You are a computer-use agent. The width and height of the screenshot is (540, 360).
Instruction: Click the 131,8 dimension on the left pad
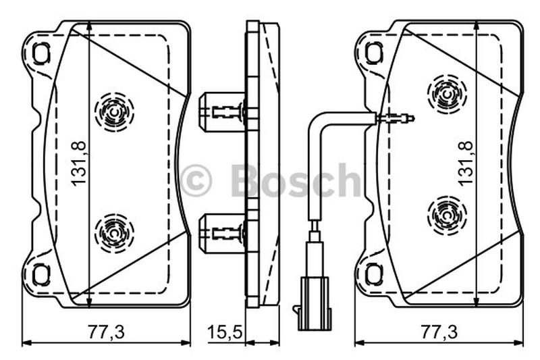tap(78, 163)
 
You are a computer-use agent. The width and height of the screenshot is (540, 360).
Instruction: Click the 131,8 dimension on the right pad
tap(466, 163)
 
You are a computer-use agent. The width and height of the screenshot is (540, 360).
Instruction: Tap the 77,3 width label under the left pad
tap(106, 332)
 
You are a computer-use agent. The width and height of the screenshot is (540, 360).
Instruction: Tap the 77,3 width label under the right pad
tap(439, 332)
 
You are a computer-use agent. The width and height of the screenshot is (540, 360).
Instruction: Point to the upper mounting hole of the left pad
tap(41, 53)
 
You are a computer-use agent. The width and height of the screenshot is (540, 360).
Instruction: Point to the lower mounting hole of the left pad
tap(41, 275)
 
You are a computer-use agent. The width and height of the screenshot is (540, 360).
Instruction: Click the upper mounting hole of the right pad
tap(375, 53)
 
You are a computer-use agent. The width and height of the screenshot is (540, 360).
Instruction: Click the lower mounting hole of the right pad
tap(375, 275)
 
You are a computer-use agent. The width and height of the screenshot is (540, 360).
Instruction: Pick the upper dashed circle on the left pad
tap(114, 112)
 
